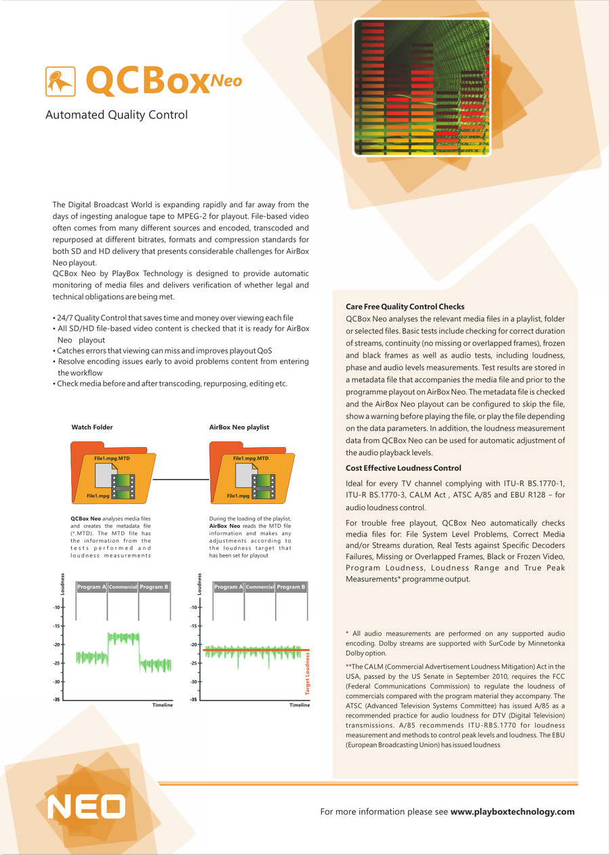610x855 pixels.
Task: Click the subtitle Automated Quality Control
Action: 116,115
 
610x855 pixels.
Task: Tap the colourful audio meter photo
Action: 421,87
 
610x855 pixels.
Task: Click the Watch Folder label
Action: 92,427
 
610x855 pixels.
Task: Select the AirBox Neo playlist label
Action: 239,427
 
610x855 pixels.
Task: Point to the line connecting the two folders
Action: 180,480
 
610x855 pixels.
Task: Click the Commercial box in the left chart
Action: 123,587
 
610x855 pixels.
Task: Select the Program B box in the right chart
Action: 291,587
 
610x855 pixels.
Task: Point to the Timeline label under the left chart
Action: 163,705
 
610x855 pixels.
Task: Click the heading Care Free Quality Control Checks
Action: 405,307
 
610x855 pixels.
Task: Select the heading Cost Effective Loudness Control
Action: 403,468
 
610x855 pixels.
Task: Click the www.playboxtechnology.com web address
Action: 512,812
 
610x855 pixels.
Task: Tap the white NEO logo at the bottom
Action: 86,807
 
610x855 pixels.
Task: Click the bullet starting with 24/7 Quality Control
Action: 173,318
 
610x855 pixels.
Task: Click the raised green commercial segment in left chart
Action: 123,638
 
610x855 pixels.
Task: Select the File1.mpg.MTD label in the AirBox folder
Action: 251,459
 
